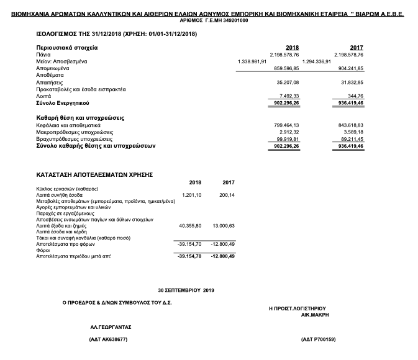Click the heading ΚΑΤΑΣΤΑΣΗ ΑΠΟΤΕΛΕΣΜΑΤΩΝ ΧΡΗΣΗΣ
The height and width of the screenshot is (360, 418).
tap(94, 175)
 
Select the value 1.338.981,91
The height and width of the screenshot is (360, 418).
tap(252, 61)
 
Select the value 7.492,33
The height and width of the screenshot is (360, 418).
tap(288, 95)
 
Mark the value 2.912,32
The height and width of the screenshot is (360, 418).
tap(289, 132)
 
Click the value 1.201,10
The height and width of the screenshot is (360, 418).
tap(193, 195)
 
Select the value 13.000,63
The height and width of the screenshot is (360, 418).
tap(224, 225)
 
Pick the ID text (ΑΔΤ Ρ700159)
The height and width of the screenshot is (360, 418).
tap(317, 340)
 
